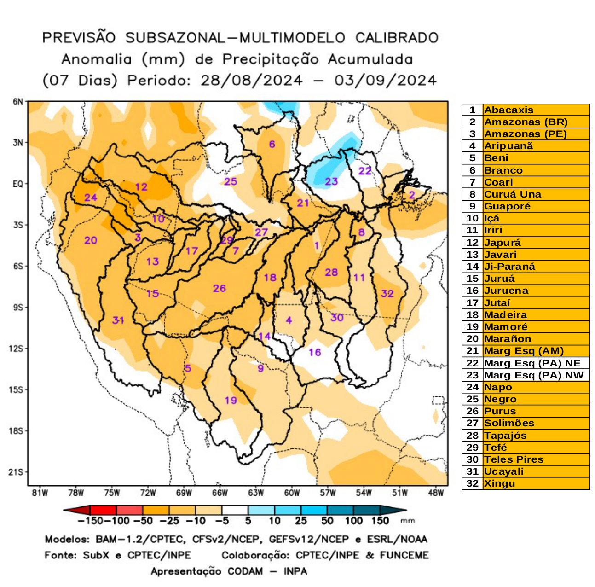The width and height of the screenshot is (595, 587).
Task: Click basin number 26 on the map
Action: tap(219, 288)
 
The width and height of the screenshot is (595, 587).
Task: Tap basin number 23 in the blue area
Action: tap(331, 181)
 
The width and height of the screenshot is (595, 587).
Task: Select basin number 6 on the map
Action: tap(272, 144)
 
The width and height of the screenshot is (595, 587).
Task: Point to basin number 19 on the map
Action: tap(231, 400)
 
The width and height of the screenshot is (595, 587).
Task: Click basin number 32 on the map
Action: tap(387, 293)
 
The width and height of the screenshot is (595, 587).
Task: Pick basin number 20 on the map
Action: tap(91, 240)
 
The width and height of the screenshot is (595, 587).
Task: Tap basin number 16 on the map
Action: tap(315, 352)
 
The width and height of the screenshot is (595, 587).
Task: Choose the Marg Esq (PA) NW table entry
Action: tap(534, 375)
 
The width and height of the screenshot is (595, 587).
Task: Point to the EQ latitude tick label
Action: tap(17, 184)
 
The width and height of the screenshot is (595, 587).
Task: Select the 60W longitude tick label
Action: tap(292, 493)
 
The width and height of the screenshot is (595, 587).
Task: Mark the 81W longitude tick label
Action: tap(40, 493)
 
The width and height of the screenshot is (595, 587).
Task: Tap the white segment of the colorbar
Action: tap(235, 511)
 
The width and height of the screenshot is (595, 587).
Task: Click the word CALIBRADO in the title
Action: tap(397, 38)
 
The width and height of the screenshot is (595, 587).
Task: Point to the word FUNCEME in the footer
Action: tap(404, 555)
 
